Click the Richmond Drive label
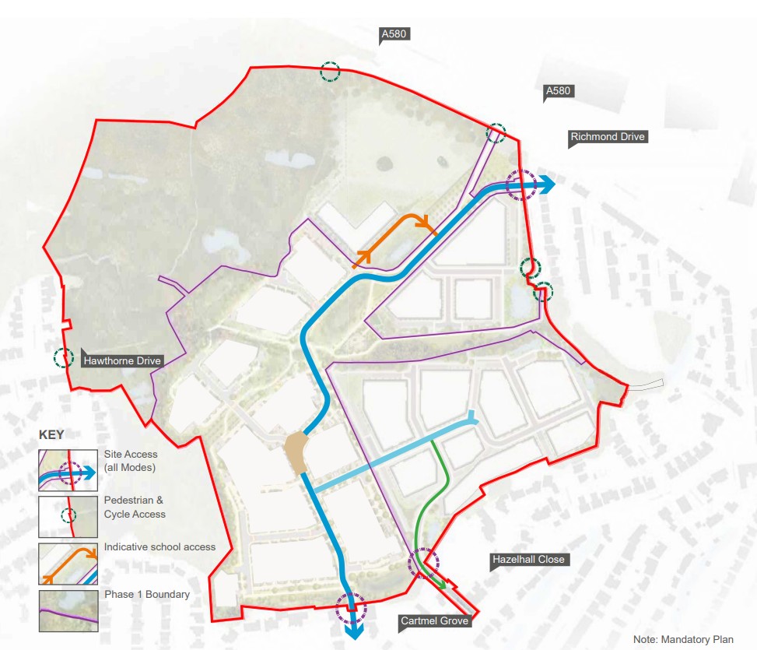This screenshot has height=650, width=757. click(608, 137)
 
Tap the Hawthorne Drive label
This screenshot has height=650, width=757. click(123, 360)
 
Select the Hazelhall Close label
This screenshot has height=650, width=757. click(528, 560)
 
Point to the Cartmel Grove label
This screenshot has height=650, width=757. click(435, 621)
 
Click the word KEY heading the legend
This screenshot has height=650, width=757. click(51, 435)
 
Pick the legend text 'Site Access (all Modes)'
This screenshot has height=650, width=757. click(131, 460)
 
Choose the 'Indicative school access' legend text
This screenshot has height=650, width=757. click(159, 547)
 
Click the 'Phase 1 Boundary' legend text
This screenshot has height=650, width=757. click(146, 595)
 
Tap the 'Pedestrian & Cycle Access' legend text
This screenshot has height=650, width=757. click(135, 507)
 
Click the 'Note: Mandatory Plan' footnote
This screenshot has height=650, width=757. click(683, 640)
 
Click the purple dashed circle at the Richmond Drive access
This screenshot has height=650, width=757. click(519, 185)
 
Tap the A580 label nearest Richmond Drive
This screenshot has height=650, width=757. click(558, 92)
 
